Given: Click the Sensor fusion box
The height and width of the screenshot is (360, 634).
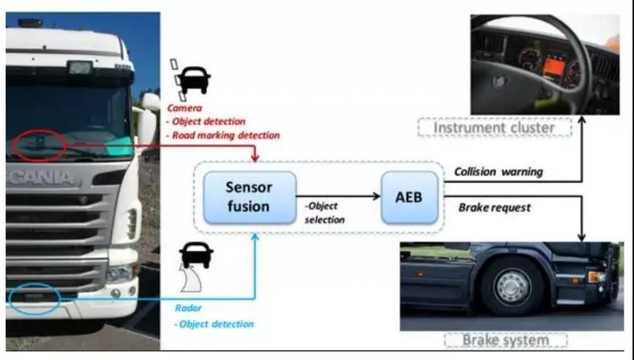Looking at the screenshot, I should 249,197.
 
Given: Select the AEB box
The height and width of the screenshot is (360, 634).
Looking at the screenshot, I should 409,196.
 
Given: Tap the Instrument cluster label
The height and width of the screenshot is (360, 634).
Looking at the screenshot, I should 484,127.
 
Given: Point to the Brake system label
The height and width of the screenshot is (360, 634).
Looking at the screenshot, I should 505,340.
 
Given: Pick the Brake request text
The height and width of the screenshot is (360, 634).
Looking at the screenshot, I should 495,208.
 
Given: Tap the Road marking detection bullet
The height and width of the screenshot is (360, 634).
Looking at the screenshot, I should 223,135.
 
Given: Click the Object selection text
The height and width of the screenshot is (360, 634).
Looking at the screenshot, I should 325,213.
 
